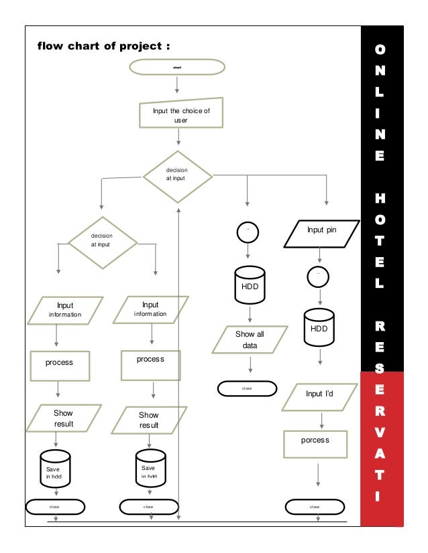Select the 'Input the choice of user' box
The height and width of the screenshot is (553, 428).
(x=180, y=114)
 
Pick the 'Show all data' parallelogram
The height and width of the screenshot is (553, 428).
(x=250, y=340)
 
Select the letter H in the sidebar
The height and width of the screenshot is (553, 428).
(x=380, y=200)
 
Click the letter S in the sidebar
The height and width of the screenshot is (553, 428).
(x=380, y=368)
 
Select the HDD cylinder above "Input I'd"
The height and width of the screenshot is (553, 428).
(x=319, y=327)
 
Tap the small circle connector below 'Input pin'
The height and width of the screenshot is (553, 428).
(x=318, y=274)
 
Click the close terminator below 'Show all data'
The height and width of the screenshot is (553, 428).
(x=247, y=388)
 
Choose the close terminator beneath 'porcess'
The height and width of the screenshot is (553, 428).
(x=315, y=507)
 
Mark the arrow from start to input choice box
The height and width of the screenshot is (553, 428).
(x=177, y=84)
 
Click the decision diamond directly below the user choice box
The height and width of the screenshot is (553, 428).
(x=178, y=177)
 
